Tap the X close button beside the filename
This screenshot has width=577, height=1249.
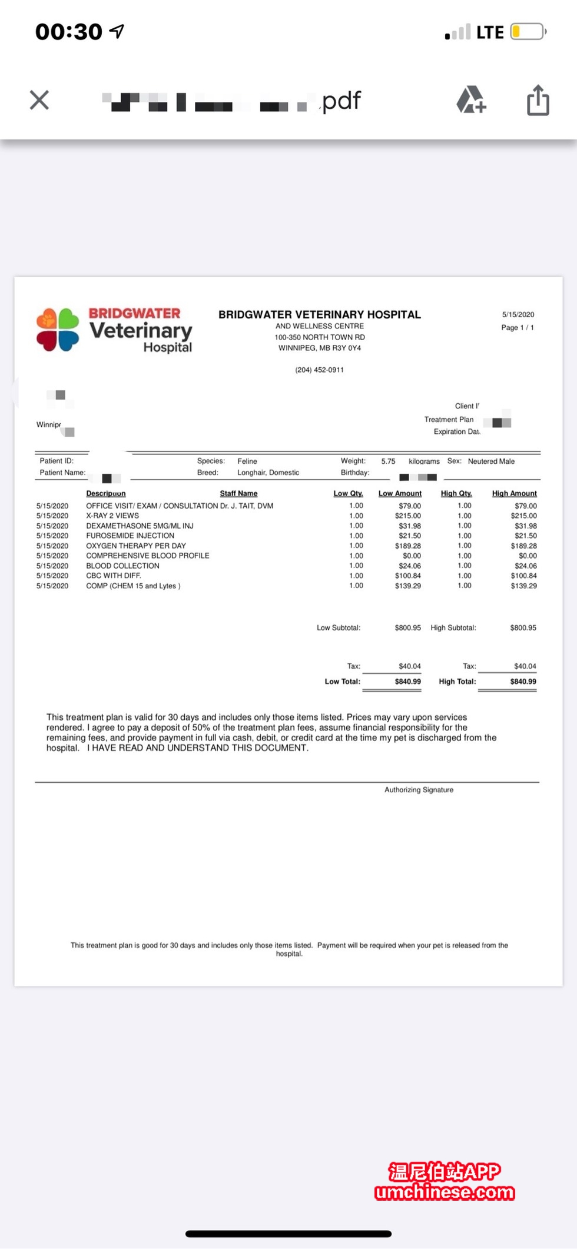coord(39,100)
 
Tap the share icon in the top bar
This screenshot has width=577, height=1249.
coord(538,100)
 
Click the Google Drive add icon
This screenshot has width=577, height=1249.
coord(471,99)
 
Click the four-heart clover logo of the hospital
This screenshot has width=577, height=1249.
coord(58,330)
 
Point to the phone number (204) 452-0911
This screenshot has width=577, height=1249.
coord(319,370)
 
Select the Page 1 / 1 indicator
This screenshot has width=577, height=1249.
coord(517,327)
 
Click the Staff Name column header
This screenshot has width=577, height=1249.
coord(238,493)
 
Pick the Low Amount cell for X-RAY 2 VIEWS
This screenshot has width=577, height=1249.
coord(407,516)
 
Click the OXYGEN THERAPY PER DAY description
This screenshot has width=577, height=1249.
coord(136,546)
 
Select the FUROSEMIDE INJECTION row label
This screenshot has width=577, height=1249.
coord(130,536)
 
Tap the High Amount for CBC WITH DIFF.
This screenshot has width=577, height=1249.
coord(523,576)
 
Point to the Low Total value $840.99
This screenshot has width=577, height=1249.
coord(407,682)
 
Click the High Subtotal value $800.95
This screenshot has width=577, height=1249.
coord(523,628)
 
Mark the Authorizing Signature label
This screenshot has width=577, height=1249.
coord(419,790)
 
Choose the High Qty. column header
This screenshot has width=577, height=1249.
coord(456,493)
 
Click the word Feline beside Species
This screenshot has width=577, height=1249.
coord(247,461)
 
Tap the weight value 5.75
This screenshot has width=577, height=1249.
coord(388,461)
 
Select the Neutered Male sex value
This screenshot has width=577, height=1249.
coord(491,461)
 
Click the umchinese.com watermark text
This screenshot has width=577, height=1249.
coord(445,1192)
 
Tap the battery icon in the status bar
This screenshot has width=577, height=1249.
coord(528,32)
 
